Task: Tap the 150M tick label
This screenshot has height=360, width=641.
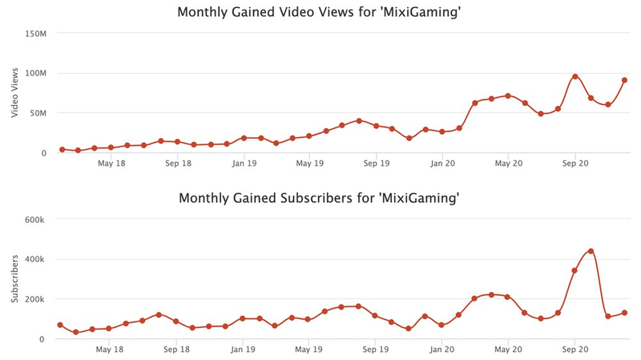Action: point(36,34)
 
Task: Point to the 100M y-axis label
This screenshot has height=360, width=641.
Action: point(36,74)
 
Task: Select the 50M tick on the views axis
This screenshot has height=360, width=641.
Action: point(38,113)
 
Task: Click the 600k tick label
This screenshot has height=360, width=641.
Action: point(37,220)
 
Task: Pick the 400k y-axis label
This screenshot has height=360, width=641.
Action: point(37,260)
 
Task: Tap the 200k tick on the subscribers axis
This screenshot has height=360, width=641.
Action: point(37,299)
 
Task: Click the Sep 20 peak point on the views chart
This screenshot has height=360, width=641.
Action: point(574,76)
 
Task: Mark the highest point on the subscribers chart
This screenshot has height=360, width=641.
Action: point(591,251)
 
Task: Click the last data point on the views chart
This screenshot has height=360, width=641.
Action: point(624,80)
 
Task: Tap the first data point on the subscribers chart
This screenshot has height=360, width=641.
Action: point(60,325)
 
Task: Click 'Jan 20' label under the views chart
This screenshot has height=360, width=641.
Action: point(442,164)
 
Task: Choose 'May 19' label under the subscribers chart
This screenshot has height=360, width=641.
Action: point(309,350)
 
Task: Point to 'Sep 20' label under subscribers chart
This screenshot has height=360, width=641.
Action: point(574,350)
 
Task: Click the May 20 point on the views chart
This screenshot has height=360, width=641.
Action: point(508,95)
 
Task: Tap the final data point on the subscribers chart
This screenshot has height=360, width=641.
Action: point(624,313)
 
